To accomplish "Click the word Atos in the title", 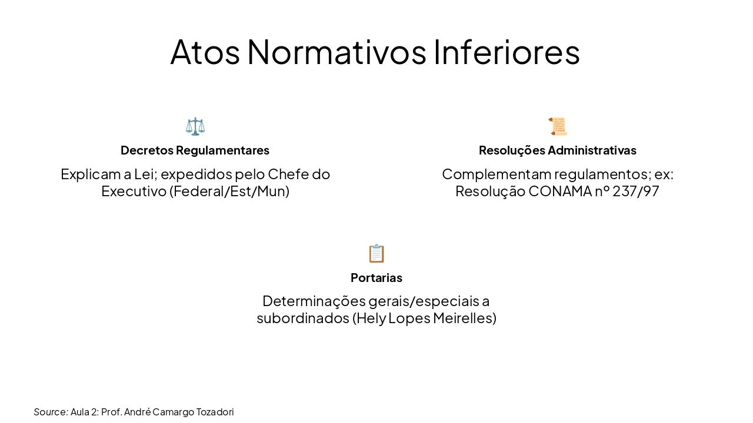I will [x=205, y=52].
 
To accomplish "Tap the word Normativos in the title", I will [x=336, y=52].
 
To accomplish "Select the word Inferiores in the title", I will [x=507, y=52].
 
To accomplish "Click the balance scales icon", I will [x=195, y=126].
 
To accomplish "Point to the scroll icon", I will [x=558, y=126].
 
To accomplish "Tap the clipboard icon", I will [x=376, y=253].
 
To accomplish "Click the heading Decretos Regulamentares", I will [x=195, y=150].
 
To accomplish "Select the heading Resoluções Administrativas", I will [x=557, y=150].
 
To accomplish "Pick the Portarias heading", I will [x=376, y=277].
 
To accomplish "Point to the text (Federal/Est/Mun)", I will [x=229, y=192].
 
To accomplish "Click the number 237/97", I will [x=635, y=192].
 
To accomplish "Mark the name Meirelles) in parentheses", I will [x=465, y=318].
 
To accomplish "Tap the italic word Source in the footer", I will [x=50, y=412].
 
